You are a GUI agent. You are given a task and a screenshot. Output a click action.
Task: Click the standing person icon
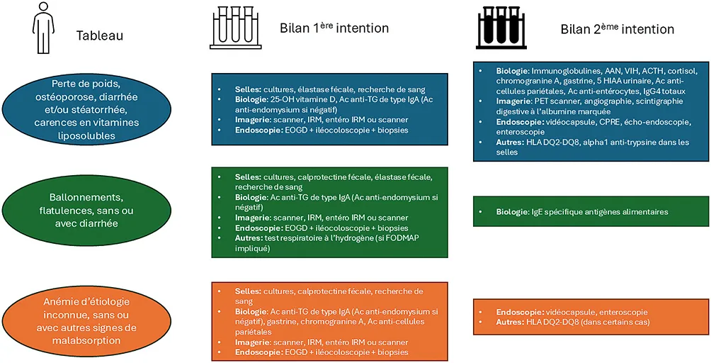(x=42, y=28)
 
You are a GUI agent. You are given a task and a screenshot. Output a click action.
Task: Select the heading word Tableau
(x=100, y=35)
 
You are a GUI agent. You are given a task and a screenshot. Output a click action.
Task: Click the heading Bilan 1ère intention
(x=334, y=28)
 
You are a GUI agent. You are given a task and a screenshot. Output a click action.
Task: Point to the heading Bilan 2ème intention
(x=617, y=29)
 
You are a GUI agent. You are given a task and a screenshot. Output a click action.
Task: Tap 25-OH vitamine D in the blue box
(x=295, y=100)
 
